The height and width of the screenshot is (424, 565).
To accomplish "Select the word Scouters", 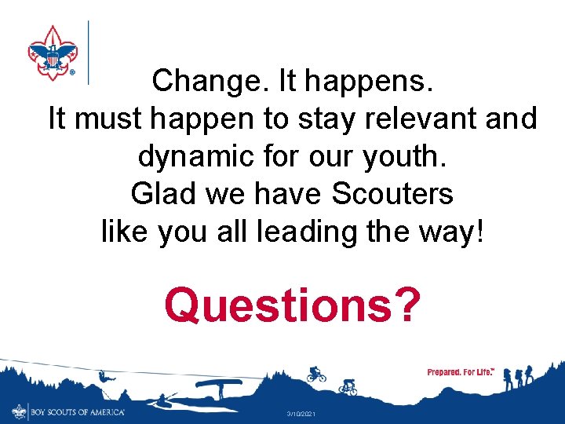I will [393, 194].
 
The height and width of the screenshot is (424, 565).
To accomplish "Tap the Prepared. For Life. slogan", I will [460, 371].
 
